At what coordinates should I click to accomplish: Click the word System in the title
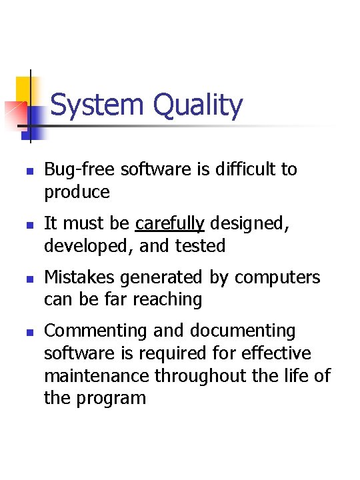(97, 105)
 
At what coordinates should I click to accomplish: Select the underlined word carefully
(169, 224)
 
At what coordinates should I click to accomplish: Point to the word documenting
(243, 331)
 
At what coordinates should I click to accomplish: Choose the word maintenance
(97, 376)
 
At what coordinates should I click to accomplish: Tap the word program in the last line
(111, 399)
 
